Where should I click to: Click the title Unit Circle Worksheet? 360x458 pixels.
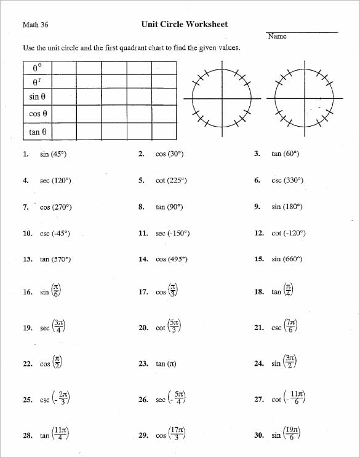tap(184, 25)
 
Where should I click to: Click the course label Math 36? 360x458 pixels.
tap(35, 25)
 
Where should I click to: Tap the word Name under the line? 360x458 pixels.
tap(278, 36)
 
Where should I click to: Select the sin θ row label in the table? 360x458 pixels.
tap(38, 97)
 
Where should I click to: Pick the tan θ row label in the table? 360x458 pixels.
tap(38, 132)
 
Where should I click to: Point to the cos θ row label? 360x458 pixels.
tap(38, 114)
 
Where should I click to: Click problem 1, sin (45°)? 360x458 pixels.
tap(53, 154)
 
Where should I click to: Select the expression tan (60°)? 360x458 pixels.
tap(285, 154)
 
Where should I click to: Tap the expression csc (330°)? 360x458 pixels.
tap(287, 181)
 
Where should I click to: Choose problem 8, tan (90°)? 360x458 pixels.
tap(169, 207)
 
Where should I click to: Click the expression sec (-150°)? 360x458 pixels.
tap(172, 234)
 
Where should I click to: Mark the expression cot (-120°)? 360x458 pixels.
tap(288, 234)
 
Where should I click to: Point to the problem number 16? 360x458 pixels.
tap(27, 293)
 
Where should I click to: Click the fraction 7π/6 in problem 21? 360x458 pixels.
tap(291, 326)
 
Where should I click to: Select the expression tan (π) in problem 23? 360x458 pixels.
tap(166, 364)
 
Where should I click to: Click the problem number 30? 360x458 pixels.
tap(258, 435)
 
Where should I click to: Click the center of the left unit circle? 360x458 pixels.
tap(222, 98)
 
